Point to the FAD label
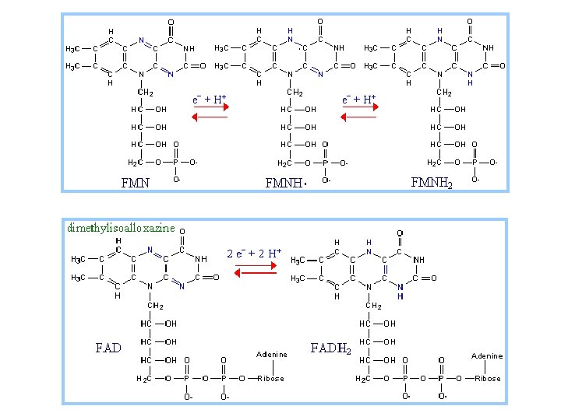108,347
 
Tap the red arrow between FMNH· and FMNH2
358,117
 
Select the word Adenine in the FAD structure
272,355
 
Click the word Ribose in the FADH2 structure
489,379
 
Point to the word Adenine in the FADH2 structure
488,356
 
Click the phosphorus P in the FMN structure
176,163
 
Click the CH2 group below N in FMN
144,93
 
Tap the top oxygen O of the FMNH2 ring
469,22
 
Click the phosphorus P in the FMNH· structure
325,163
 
